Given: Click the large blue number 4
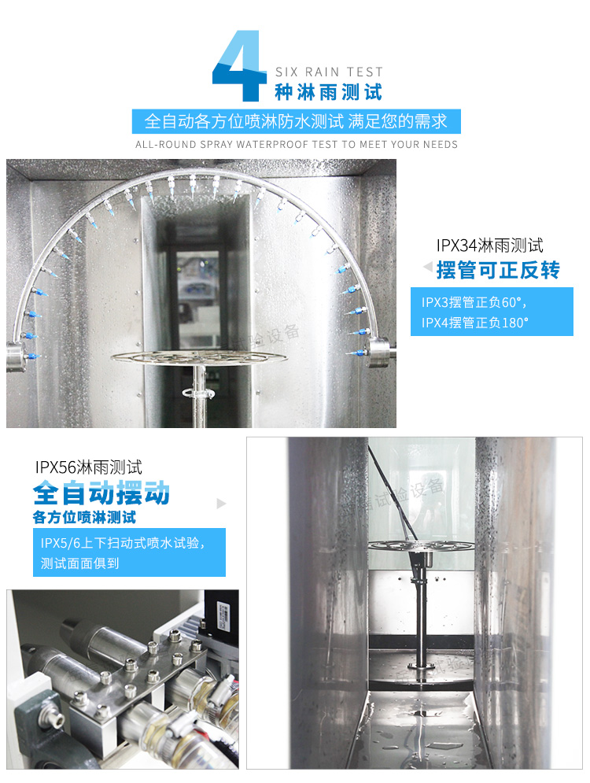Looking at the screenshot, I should pyautogui.click(x=239, y=66).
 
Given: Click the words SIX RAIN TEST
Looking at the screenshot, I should pyautogui.click(x=329, y=72).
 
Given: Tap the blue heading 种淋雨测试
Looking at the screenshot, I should pyautogui.click(x=328, y=92).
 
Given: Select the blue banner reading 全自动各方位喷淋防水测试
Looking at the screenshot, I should pyautogui.click(x=296, y=121).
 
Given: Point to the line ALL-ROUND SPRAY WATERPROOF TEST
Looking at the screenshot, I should pyautogui.click(x=296, y=145).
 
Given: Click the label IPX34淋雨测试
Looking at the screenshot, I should pyautogui.click(x=489, y=246).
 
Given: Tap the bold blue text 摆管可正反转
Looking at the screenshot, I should pyautogui.click(x=498, y=270).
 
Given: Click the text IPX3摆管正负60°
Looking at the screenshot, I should pyautogui.click(x=473, y=302).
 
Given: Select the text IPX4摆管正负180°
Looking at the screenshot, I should pyautogui.click(x=475, y=323).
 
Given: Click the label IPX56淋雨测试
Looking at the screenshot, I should pyautogui.click(x=89, y=467).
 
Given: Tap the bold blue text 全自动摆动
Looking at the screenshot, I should pyautogui.click(x=101, y=493).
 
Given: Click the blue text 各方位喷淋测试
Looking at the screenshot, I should pyautogui.click(x=84, y=518).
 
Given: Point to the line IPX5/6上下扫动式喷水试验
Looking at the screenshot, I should pyautogui.click(x=124, y=543).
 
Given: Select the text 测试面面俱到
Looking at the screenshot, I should pyautogui.click(x=80, y=563).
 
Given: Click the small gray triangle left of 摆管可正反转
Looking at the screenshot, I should pyautogui.click(x=427, y=268).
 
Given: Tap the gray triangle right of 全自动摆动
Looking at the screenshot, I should pyautogui.click(x=221, y=503).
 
